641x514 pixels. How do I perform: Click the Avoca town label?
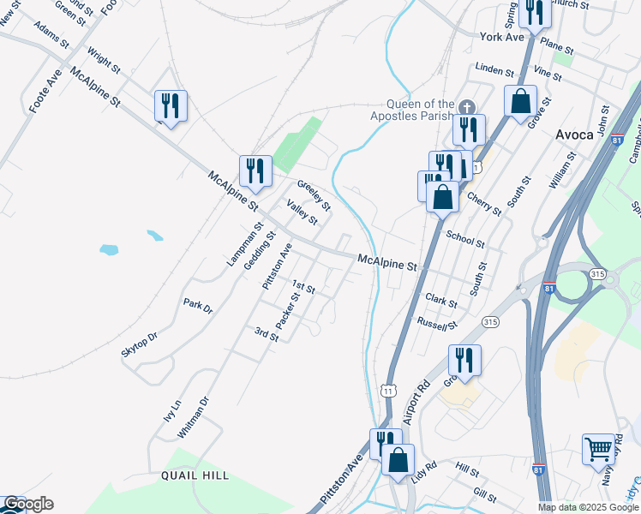[x=574, y=134]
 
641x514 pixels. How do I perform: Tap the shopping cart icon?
[x=598, y=447]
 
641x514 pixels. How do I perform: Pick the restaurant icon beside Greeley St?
[x=255, y=170]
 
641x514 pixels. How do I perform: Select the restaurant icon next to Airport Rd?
[x=464, y=359]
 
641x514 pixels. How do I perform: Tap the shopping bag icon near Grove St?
[x=520, y=101]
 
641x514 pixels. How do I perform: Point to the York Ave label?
[x=502, y=38]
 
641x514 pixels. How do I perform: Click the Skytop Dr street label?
[x=141, y=348]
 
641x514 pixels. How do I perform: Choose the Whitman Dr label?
[x=193, y=418]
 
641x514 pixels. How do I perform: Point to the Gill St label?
[x=484, y=494]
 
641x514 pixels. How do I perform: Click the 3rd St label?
[x=267, y=333]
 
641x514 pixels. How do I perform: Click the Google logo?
[x=27, y=504]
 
